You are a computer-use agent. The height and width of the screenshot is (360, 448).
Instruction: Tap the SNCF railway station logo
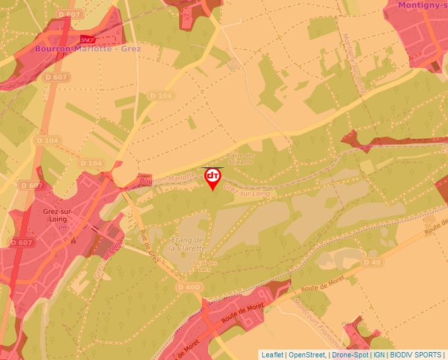(86, 39)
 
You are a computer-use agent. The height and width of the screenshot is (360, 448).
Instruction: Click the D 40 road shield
(372, 262)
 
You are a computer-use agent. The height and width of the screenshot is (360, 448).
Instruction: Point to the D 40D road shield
(189, 288)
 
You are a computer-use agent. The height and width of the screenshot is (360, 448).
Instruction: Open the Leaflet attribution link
(272, 355)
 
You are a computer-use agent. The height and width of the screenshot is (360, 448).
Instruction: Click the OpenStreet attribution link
(307, 355)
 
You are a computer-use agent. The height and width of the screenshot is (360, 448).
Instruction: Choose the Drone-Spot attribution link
(350, 355)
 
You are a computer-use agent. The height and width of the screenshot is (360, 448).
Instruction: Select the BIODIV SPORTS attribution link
(415, 355)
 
